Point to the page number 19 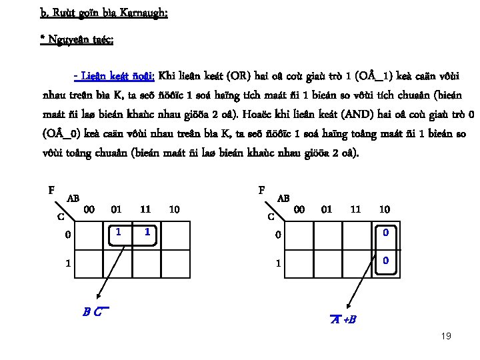[x=446, y=336]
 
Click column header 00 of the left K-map [x=88, y=209]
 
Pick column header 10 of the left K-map [x=174, y=209]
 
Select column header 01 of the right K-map [x=327, y=209]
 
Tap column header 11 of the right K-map [x=355, y=209]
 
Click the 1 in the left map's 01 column [x=117, y=232]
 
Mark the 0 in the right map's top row [x=385, y=232]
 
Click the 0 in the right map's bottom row [x=385, y=261]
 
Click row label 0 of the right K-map [x=279, y=234]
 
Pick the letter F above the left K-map [x=52, y=189]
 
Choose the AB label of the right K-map [x=283, y=199]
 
